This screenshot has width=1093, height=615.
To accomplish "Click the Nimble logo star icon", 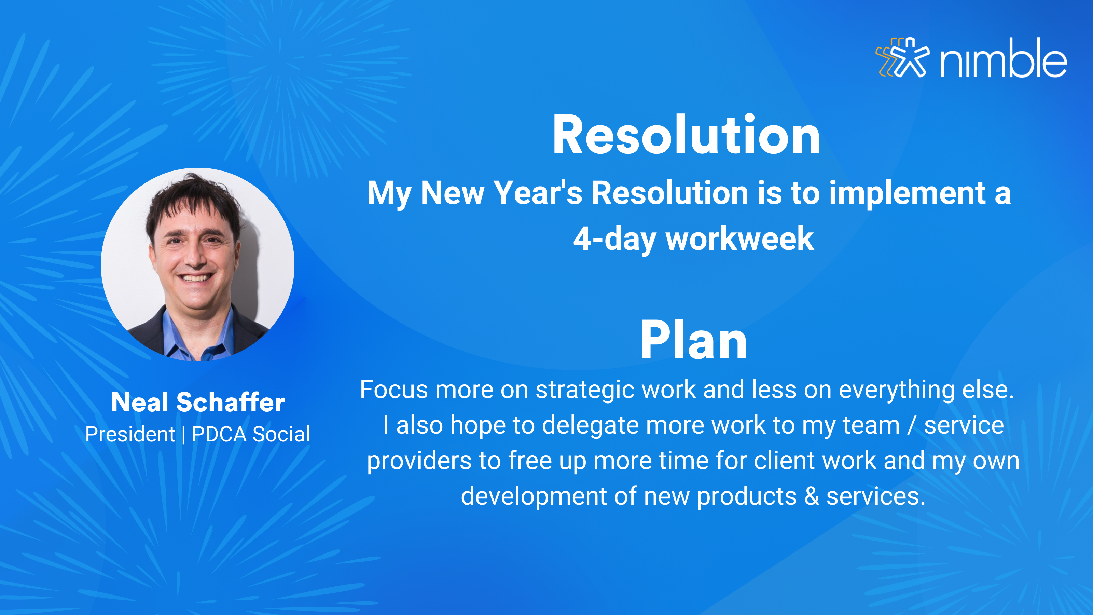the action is pos(903,58).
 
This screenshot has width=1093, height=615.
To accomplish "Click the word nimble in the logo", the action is pos(1004,58).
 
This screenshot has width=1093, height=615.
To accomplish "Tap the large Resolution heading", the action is pos(686,135).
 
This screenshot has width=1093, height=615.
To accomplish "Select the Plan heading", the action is pos(693,340).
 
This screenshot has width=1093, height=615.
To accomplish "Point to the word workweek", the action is pos(739,238).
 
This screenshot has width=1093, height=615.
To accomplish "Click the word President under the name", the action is pos(130,434).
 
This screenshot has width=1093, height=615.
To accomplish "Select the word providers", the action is pos(419,461).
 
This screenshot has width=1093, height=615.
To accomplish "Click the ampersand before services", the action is pos(812,496).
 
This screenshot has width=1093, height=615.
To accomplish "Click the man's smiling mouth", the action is pos(195,278).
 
